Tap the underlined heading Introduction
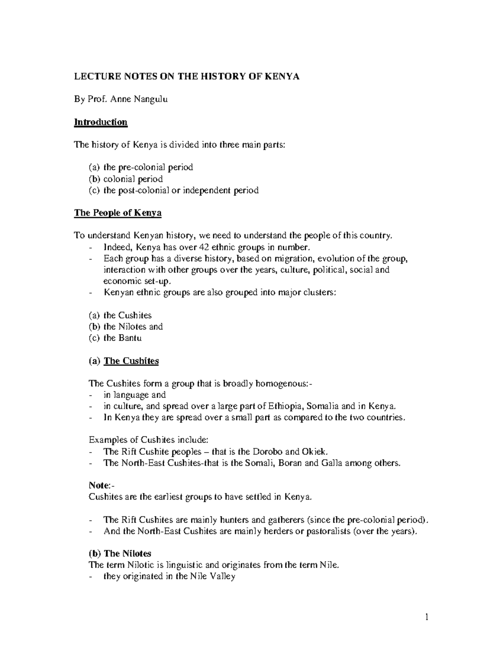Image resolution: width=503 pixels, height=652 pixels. click(101, 122)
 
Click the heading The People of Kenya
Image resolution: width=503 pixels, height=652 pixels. click(118, 213)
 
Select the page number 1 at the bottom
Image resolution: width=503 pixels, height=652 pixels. click(427, 617)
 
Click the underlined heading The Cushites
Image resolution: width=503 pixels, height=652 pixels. click(131, 361)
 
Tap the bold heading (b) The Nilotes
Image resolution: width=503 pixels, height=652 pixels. click(120, 554)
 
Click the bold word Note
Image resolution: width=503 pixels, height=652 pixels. click(99, 485)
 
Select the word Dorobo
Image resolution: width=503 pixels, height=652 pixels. click(267, 452)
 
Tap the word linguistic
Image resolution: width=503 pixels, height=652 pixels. click(173, 565)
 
